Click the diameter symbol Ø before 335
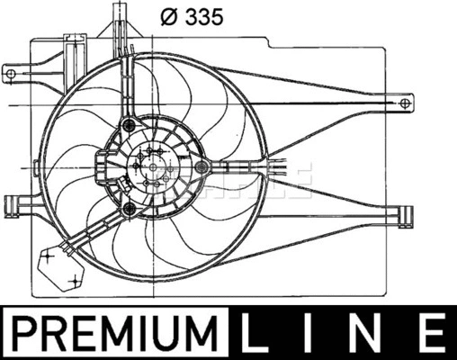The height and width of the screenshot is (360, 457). pyautogui.click(x=168, y=15)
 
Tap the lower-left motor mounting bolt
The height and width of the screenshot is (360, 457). pyautogui.click(x=131, y=211)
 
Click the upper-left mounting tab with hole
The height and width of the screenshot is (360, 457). pyautogui.click(x=12, y=70)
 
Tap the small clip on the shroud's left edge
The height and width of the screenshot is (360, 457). pyautogui.click(x=33, y=168)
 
